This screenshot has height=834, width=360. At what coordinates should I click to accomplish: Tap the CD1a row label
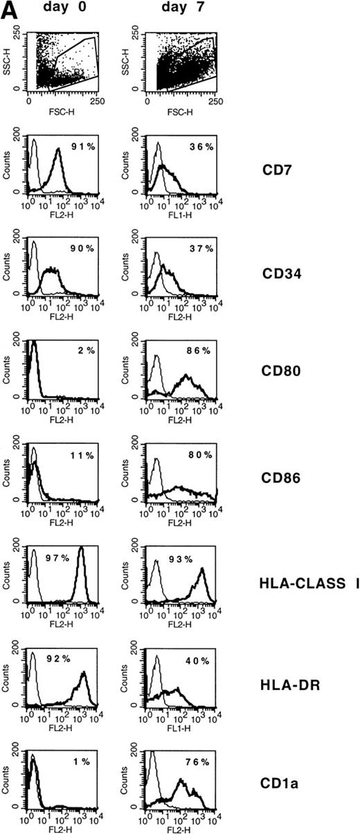coord(280,781)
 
